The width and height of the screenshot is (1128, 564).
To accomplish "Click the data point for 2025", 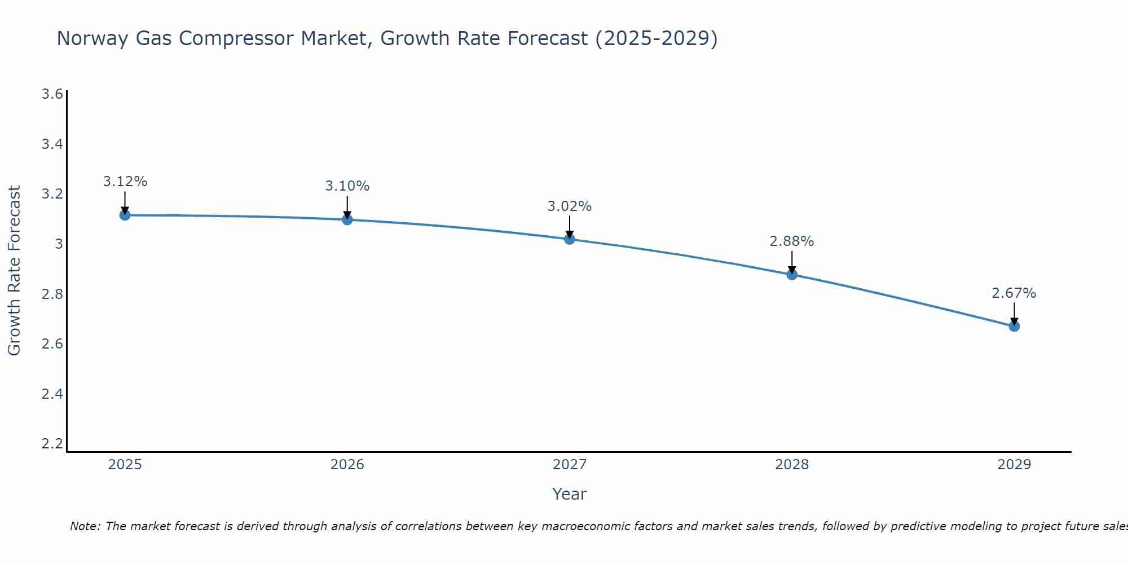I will [x=125, y=215].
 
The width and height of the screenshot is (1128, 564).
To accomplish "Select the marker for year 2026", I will [x=347, y=219].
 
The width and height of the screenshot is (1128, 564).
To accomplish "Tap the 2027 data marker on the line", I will [x=570, y=239].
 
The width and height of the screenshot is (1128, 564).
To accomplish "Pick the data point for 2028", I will [x=792, y=275].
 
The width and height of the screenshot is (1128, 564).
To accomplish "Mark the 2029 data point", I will [x=1014, y=326].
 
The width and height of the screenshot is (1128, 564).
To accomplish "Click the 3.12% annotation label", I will [x=125, y=182].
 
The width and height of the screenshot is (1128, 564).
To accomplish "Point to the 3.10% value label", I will [x=347, y=186].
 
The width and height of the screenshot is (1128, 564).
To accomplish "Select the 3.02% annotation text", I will [x=570, y=206].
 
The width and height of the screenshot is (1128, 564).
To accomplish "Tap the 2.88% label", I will [x=792, y=241].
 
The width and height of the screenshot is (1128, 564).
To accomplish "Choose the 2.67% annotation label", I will [x=1014, y=293].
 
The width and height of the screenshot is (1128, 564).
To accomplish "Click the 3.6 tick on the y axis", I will [x=52, y=94].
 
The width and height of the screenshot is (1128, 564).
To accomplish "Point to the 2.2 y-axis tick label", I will [x=52, y=443].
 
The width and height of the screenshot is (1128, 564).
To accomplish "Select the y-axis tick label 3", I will [x=58, y=244].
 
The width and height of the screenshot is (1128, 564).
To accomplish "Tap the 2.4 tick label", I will [x=52, y=394].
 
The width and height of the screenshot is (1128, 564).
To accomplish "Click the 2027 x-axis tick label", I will [x=570, y=465].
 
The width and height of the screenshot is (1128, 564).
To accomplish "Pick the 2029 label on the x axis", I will [x=1014, y=465].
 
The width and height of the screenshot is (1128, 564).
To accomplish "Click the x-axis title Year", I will [x=570, y=494].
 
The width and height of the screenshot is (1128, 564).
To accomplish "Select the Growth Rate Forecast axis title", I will [x=14, y=271].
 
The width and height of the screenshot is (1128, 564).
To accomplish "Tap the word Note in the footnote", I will [x=85, y=526].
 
